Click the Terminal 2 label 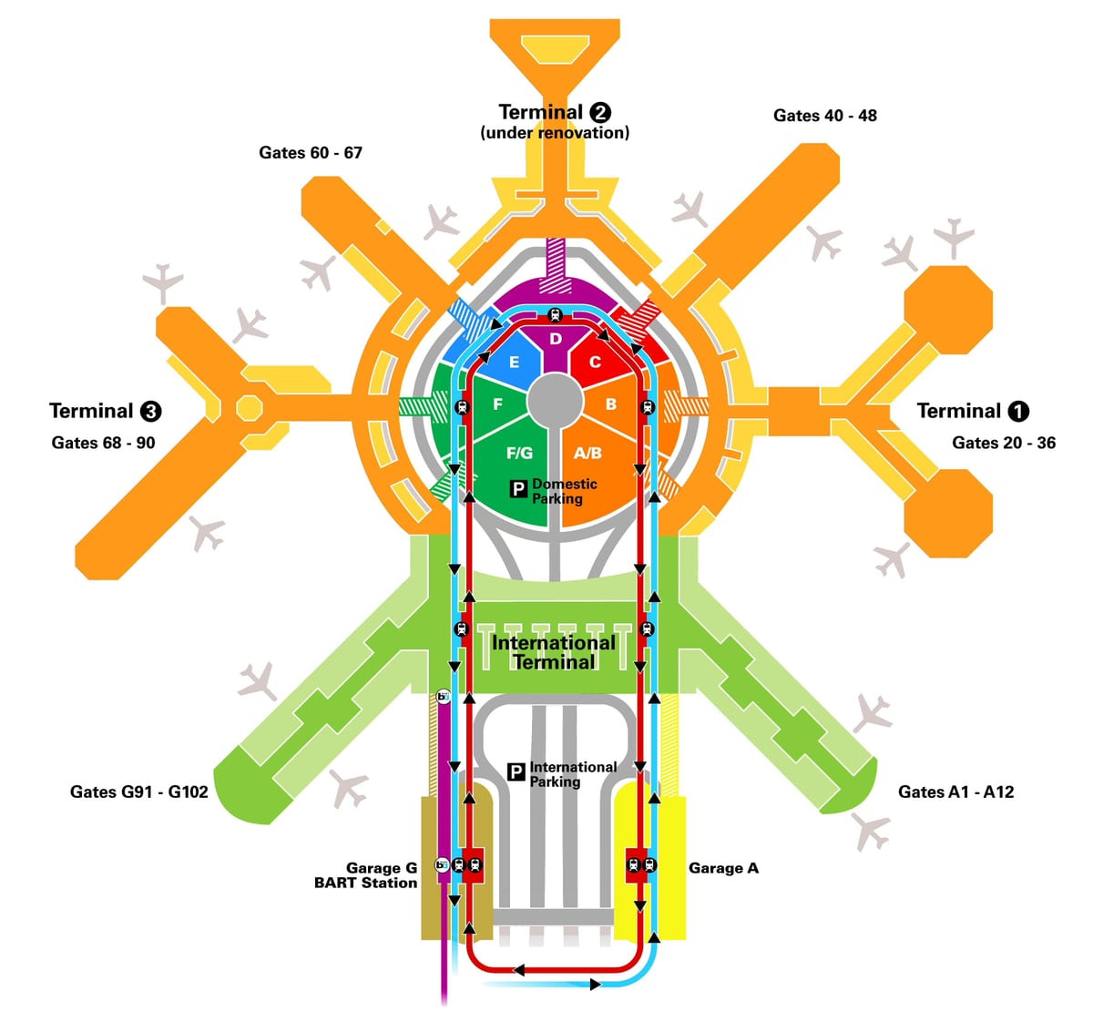(x=555, y=112)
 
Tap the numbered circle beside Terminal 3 (x=150, y=411)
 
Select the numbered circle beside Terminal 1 (x=1017, y=411)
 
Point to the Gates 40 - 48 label (x=824, y=115)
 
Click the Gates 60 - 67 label (x=311, y=152)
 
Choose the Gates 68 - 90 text (x=103, y=443)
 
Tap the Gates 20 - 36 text (x=1004, y=443)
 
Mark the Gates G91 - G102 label (x=138, y=792)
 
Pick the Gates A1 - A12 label (x=955, y=792)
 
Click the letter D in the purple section (x=556, y=339)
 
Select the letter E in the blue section (x=514, y=363)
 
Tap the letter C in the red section (x=595, y=363)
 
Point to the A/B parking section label (x=587, y=453)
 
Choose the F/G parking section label (x=519, y=453)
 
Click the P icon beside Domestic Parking (x=518, y=488)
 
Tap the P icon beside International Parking (x=516, y=771)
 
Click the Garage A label (x=723, y=868)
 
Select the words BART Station (x=365, y=883)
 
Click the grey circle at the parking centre (x=555, y=401)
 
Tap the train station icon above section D (x=555, y=315)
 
